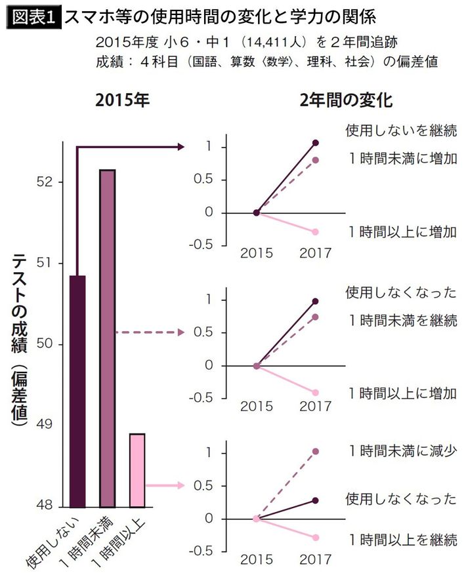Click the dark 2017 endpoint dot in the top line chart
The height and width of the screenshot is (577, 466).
[x=316, y=142]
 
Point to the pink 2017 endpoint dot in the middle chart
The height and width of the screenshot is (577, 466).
[x=316, y=393]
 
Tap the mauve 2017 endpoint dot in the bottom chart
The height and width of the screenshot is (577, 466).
[x=316, y=452]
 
